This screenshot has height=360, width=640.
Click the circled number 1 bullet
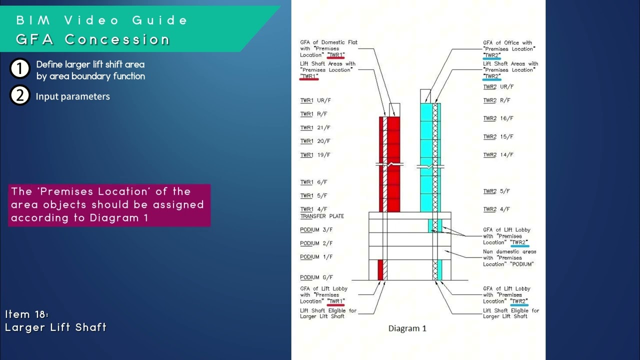point(19,68)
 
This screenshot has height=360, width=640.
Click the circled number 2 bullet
point(19,95)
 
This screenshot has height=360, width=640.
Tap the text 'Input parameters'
point(73,96)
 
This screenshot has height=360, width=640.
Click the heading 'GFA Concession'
point(93,39)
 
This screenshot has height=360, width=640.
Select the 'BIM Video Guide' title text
point(101,20)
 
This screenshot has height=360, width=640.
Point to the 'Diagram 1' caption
point(407,328)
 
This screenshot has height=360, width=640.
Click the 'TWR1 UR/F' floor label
point(315,100)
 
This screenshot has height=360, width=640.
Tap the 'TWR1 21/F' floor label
point(315,127)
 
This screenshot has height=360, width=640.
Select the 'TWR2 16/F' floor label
point(498,118)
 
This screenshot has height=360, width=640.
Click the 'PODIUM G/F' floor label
point(316,277)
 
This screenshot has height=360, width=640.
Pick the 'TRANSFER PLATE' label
point(322,216)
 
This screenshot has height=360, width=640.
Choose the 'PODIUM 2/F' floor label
point(316,243)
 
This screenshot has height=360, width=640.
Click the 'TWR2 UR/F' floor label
point(498,87)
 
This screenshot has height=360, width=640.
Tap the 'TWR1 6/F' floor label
point(313,182)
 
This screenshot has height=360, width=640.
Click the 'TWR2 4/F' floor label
point(496,209)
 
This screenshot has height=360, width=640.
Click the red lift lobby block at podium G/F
point(380,270)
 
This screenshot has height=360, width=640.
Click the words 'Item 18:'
point(27,314)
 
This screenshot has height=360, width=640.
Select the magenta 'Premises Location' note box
point(109,205)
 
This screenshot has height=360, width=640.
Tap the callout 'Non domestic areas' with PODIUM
point(509,258)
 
